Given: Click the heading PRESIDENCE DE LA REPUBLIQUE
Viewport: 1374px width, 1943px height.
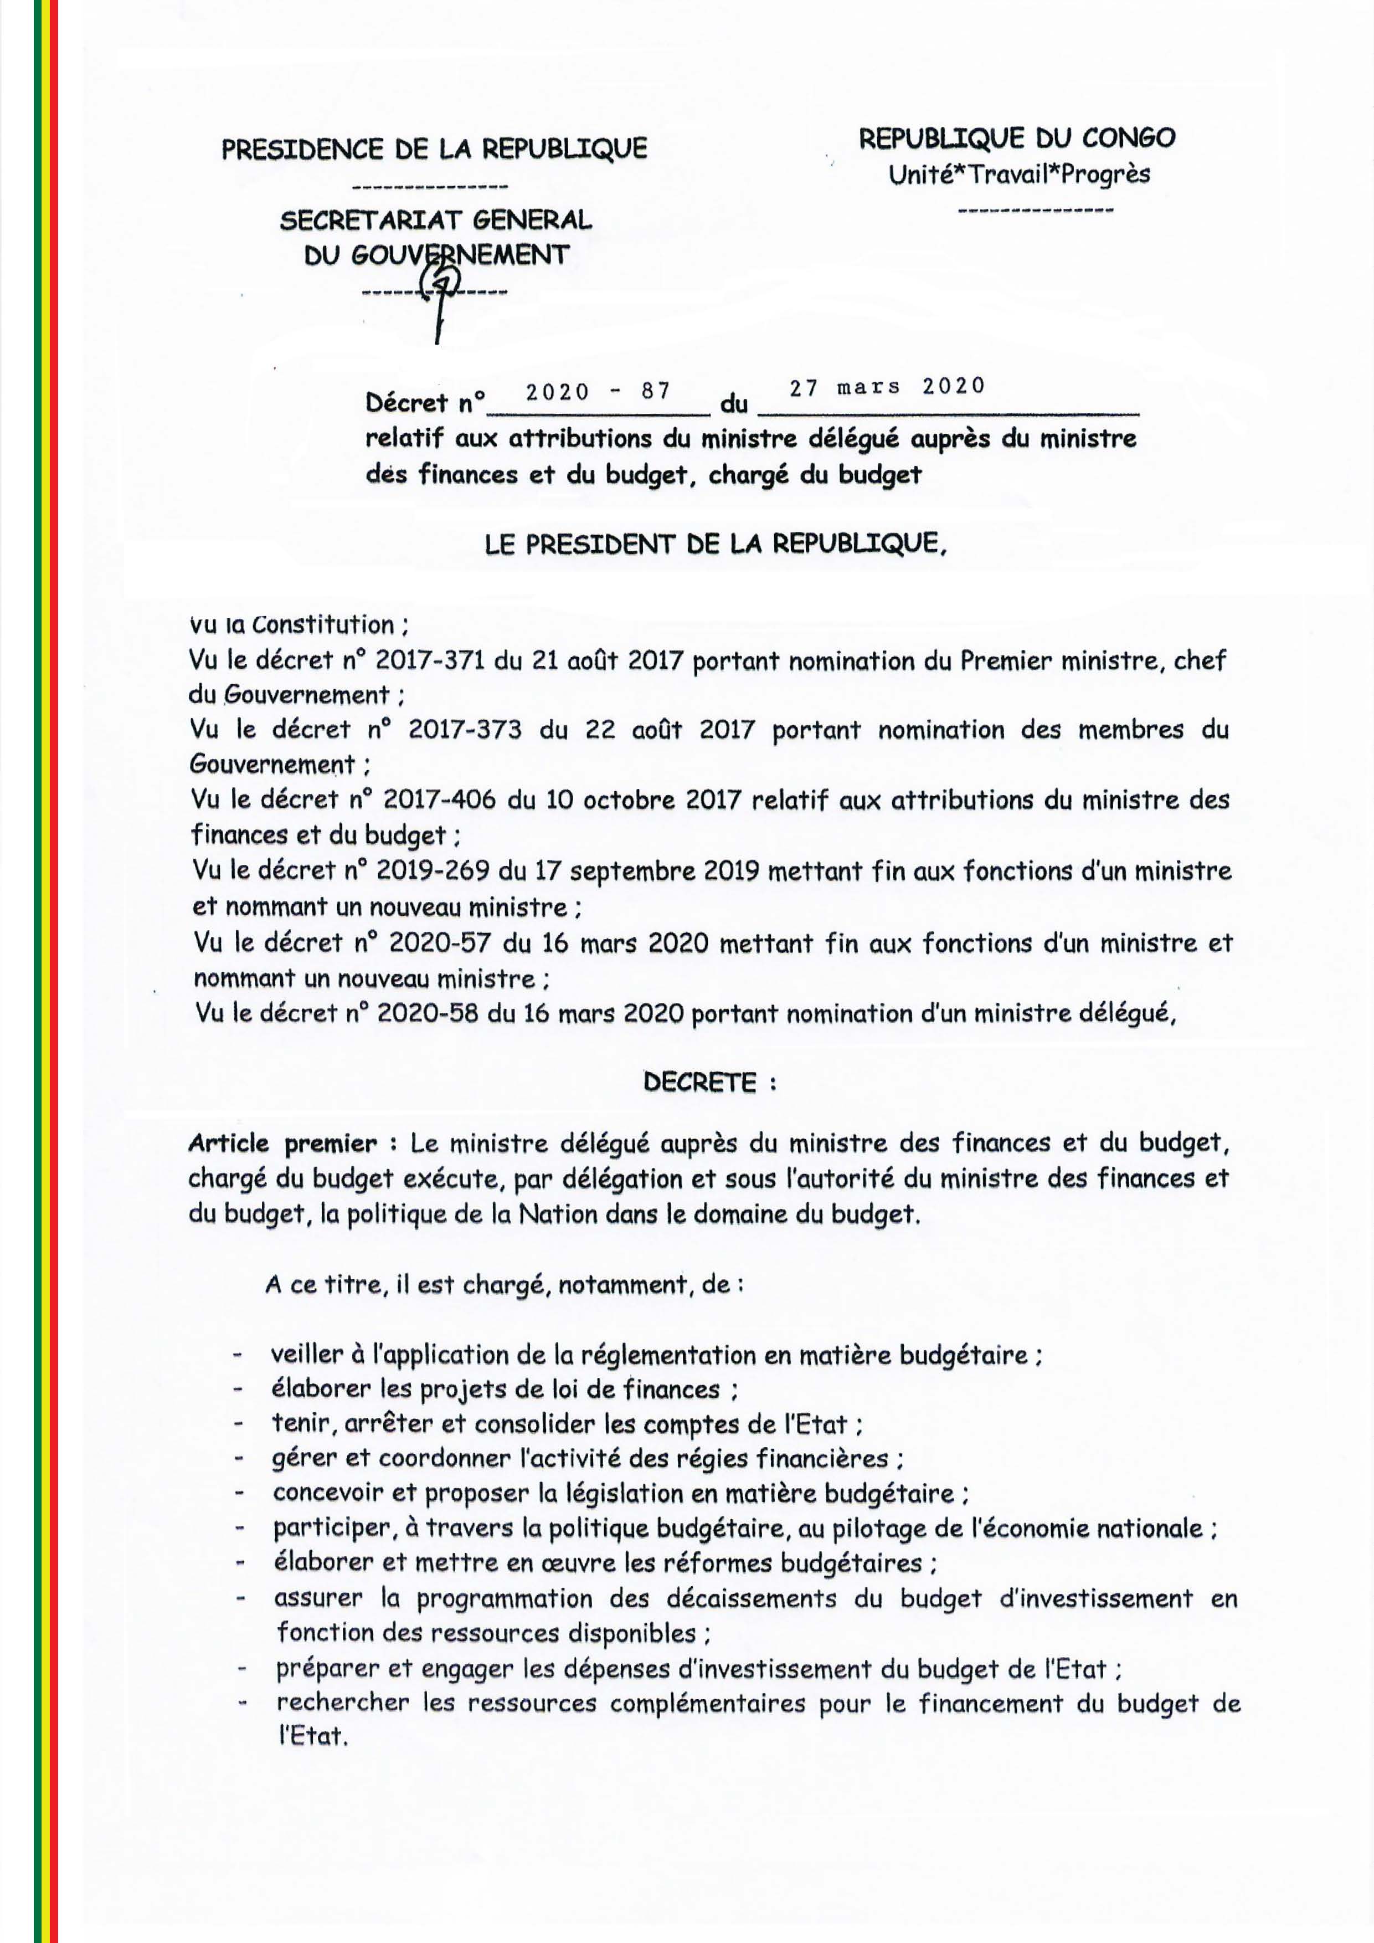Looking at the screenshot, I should click(x=434, y=149).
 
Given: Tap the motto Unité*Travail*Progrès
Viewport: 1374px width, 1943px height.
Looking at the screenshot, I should click(x=1020, y=175).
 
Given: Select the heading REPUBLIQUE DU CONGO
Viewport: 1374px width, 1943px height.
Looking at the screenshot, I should click(x=1017, y=138).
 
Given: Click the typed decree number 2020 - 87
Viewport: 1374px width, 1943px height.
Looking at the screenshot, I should click(x=598, y=391).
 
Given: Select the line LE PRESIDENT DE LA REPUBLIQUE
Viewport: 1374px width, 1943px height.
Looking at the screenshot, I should click(x=716, y=545).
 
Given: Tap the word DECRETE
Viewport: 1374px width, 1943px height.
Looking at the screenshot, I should click(x=699, y=1083).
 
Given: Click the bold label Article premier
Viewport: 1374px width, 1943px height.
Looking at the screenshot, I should click(x=282, y=1144).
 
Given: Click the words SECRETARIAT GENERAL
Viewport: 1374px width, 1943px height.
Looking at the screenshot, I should click(x=436, y=221).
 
